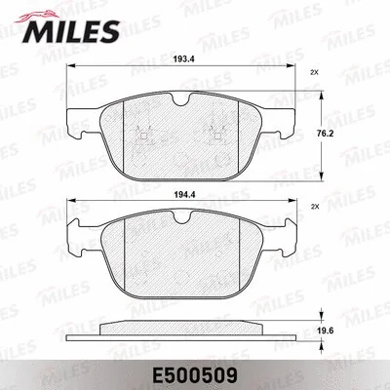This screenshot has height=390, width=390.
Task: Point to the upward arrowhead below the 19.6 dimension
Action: [321, 344]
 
